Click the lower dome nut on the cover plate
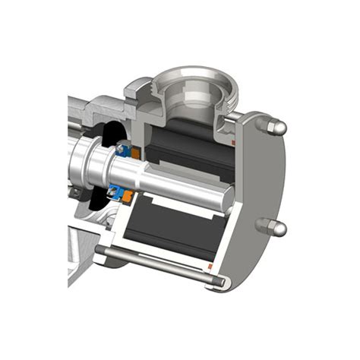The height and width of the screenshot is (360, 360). (276, 228)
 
